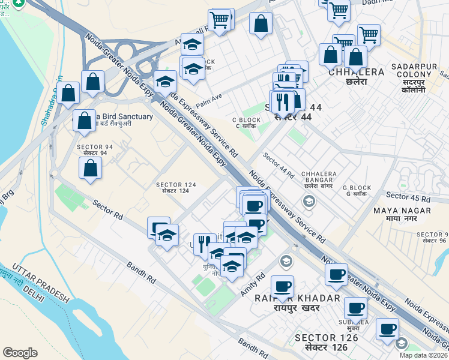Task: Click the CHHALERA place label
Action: point(356,72)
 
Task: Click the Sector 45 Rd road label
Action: point(408,197)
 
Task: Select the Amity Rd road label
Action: point(253,286)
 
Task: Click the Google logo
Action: point(20,353)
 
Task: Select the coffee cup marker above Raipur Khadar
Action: point(282,286)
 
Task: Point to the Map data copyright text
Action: point(424,355)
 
